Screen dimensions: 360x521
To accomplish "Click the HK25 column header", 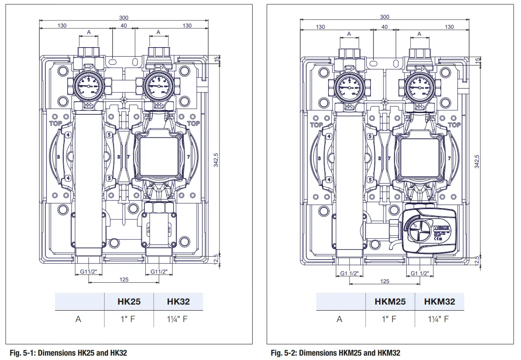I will [x=129, y=302].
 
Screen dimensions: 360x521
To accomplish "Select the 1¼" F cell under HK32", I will [x=178, y=319].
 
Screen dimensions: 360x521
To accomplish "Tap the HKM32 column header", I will [x=439, y=302].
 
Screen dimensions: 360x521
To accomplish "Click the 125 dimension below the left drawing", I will [x=124, y=279].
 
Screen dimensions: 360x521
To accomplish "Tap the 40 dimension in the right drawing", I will [x=384, y=27].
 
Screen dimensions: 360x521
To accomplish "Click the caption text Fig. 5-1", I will [x=68, y=353].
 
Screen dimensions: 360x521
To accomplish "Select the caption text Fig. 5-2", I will [x=335, y=353].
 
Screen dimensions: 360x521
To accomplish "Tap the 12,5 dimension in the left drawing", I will [x=216, y=259].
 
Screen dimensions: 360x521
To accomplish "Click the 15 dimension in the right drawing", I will [x=477, y=60].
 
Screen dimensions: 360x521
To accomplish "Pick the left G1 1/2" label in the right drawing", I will [x=350, y=274].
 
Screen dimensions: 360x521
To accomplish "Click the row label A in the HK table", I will [x=78, y=319].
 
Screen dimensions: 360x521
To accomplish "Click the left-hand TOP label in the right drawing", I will [x=316, y=125].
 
